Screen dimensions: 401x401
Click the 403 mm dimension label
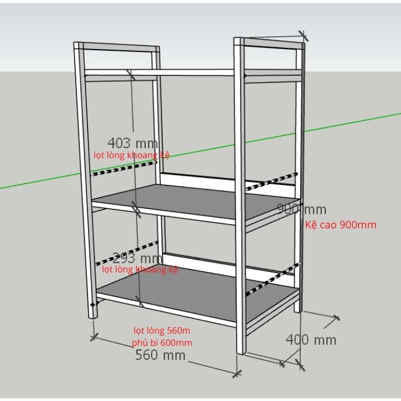[x=132, y=143]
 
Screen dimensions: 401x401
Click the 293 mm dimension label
[x=136, y=258]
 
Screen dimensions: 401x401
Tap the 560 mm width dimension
[x=160, y=355]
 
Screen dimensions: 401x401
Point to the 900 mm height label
[x=301, y=209]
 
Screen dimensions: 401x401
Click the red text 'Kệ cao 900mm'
[x=341, y=225]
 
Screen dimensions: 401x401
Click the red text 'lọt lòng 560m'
[x=162, y=331]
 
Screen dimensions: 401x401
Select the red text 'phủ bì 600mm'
[x=162, y=343]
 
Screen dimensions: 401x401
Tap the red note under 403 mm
[x=131, y=154]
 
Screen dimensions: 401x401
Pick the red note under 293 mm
[x=140, y=270]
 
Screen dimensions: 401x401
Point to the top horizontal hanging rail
[x=162, y=73]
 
